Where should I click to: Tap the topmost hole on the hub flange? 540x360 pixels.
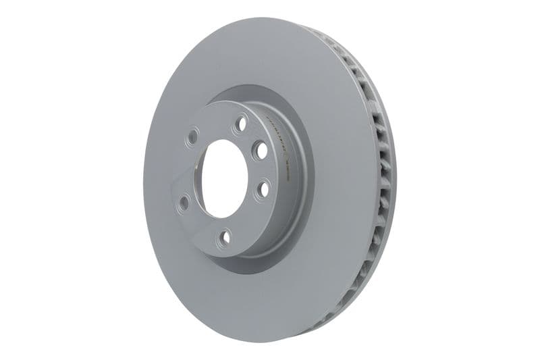tap(240, 123)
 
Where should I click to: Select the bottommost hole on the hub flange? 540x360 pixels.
tap(225, 236)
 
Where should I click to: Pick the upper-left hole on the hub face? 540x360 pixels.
tap(193, 137)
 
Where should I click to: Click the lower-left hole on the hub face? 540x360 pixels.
tap(184, 201)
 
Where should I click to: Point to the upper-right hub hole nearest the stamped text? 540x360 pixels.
tap(260, 151)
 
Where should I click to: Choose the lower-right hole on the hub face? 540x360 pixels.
tap(262, 190)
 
